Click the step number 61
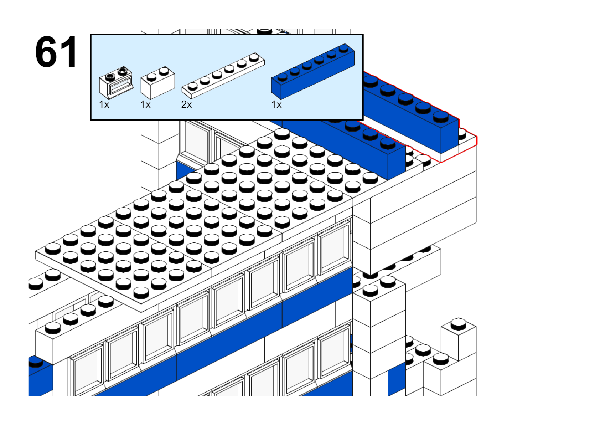click(x=56, y=51)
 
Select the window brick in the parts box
click(x=116, y=82)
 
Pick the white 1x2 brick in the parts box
click(x=158, y=83)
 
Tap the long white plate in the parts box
click(x=223, y=75)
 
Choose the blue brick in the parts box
click(x=313, y=71)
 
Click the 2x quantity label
click(x=186, y=104)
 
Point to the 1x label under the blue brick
click(x=276, y=104)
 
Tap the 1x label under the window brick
click(x=104, y=104)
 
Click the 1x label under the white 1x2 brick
click(x=145, y=104)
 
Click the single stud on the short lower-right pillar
click(x=458, y=324)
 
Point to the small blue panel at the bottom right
click(x=397, y=379)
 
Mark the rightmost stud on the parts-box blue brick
click(x=344, y=48)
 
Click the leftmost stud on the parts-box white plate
click(x=193, y=86)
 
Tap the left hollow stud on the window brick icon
click(x=110, y=77)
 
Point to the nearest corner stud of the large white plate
click(x=141, y=293)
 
